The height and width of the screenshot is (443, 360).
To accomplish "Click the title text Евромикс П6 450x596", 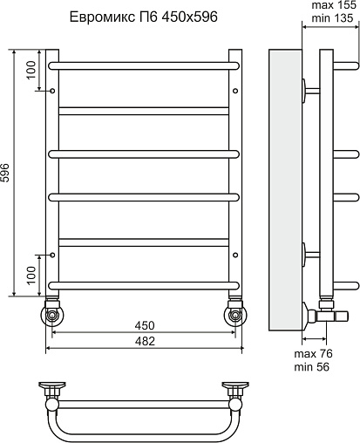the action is pos(144,17).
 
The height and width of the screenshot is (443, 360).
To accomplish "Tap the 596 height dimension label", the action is pos(5,173).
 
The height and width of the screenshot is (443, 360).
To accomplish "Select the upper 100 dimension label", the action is pos(31,70).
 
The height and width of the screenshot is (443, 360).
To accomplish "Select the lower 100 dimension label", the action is pos(31,276).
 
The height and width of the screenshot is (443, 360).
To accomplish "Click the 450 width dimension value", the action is pos(145,325).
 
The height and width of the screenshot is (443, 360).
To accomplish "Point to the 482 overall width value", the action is pos(145,341).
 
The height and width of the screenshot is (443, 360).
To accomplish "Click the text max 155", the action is pos(334,5).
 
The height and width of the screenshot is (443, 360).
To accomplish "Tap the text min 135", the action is pos(332,18).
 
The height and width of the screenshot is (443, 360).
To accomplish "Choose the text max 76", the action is pos(313,354).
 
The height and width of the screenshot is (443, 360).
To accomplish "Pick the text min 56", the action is pos(311,367).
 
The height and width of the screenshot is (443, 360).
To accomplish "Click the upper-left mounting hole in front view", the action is pos(52,91).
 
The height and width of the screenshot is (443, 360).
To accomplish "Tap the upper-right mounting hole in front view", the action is pos(235,91).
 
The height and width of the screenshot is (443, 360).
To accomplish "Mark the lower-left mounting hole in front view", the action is pos(52,255).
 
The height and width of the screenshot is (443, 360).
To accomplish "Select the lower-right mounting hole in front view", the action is pos(235,255).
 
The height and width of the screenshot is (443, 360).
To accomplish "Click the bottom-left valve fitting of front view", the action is pos(52,312).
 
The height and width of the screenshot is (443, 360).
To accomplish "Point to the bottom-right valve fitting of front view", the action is pos(235,312).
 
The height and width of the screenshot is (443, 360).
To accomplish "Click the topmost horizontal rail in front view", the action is pos(144,65).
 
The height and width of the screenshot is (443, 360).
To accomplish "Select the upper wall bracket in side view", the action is pos(311,91).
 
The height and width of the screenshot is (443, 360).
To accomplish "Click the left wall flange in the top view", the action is pos(52,385).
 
